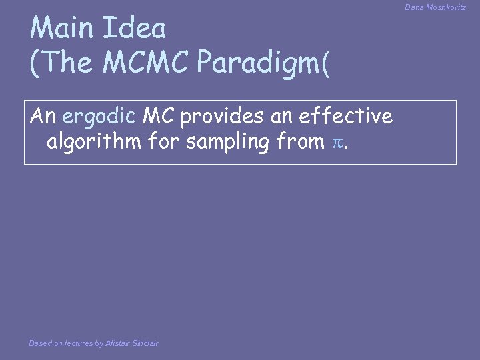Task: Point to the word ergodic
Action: pos(99,117)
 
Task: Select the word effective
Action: pos(346,116)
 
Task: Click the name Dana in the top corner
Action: pos(413,7)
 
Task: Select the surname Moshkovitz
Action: pos(447,7)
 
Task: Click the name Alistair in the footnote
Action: pos(118,343)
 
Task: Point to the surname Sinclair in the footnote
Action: pos(146,343)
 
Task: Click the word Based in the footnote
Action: pos(40,343)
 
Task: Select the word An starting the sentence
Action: pos(43,116)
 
